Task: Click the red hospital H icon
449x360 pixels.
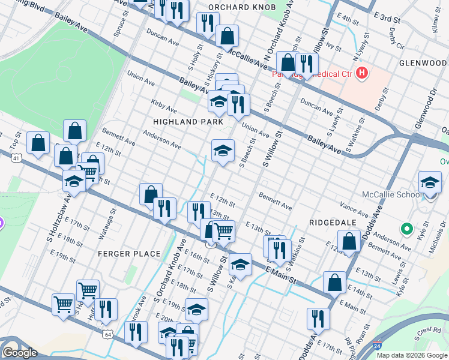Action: [x=361, y=73]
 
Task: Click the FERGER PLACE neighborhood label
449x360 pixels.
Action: [x=130, y=254]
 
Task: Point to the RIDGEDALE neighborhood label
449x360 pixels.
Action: [x=333, y=222]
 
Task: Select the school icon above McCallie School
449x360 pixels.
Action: [x=430, y=182]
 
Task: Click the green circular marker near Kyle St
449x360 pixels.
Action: [x=406, y=228]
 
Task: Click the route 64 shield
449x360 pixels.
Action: [x=107, y=333]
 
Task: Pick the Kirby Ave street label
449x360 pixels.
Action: [x=164, y=106]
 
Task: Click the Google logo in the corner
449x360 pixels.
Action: [x=20, y=352]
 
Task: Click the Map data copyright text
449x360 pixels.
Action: [x=412, y=355]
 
